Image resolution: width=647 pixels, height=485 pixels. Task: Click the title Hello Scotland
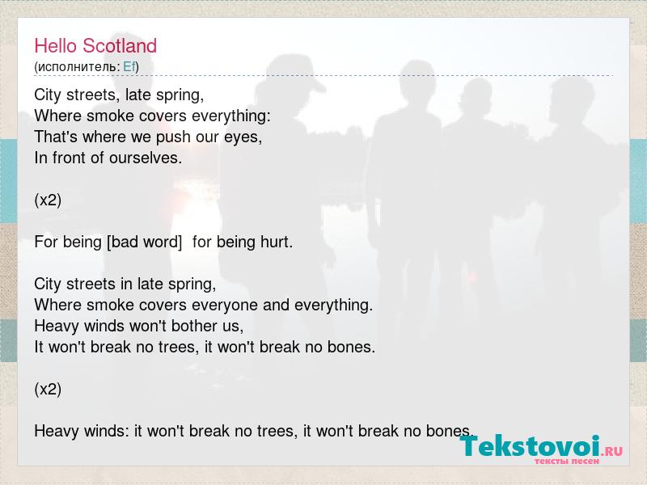[x=95, y=46]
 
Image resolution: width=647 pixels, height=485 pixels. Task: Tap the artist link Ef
[x=129, y=67]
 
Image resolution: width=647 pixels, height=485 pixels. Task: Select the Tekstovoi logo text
[x=530, y=446]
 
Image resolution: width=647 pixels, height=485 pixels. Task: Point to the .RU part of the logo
[x=612, y=451]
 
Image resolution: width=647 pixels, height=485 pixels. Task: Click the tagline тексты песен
[x=567, y=461]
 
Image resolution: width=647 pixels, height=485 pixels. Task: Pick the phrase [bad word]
[x=145, y=242]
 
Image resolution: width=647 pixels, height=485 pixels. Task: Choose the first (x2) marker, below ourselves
[x=48, y=200]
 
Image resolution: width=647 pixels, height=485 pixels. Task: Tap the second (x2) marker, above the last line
[x=48, y=389]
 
